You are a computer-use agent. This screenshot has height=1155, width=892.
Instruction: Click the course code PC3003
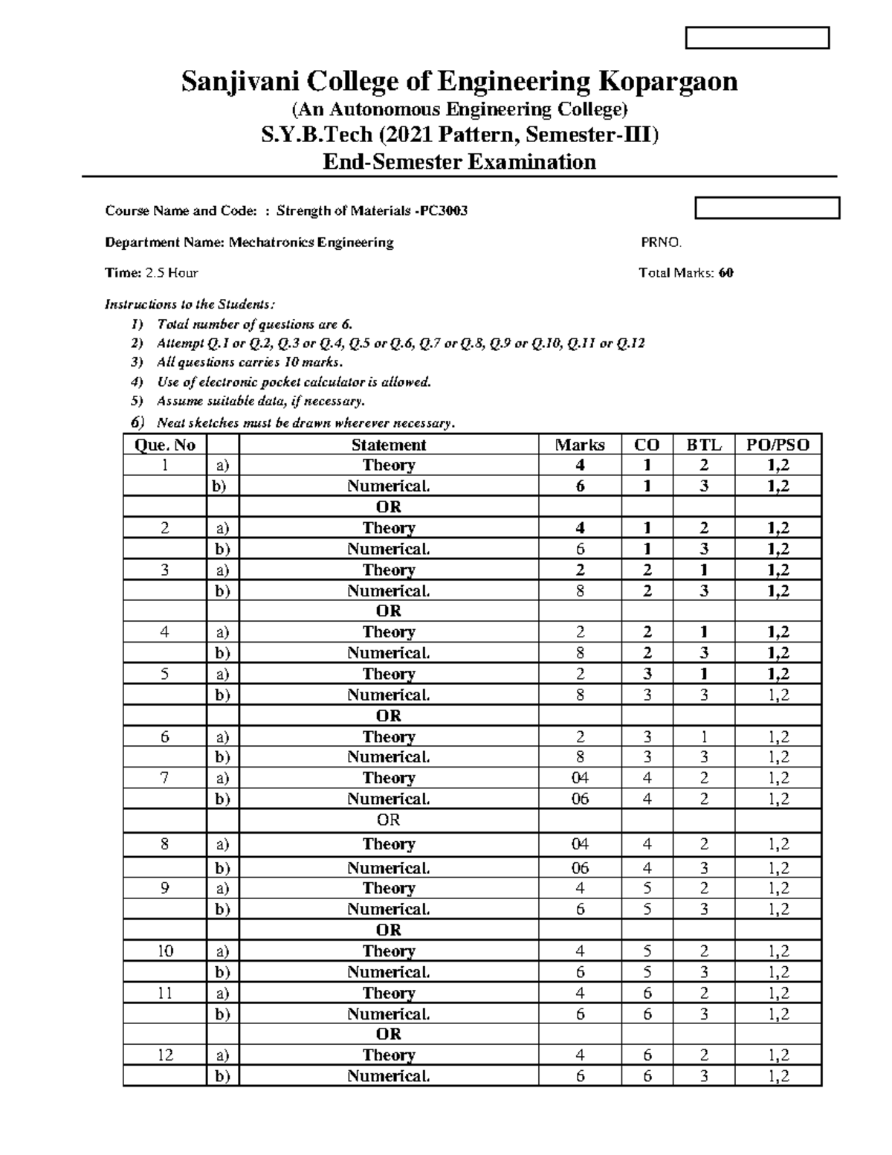[x=443, y=210]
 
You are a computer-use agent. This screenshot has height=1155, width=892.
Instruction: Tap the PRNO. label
[x=661, y=242]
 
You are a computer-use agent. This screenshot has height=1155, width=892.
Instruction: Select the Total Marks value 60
[x=726, y=273]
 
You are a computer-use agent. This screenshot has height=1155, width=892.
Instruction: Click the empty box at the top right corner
[x=757, y=38]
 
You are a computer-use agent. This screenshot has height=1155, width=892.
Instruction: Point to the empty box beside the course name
[x=766, y=208]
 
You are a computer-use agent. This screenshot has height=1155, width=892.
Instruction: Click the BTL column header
[x=703, y=445]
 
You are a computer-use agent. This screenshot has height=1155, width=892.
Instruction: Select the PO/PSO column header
[x=778, y=445]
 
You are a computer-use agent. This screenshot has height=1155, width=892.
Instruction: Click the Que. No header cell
[x=164, y=445]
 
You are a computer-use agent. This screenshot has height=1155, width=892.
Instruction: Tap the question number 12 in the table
[x=164, y=1055]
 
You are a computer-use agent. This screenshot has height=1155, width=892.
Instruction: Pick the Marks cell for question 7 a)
[x=580, y=778]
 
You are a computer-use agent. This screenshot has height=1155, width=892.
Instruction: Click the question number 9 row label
[x=164, y=888]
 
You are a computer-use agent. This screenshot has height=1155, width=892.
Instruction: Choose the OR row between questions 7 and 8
[x=388, y=820]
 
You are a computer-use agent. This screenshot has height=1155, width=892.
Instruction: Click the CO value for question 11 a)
[x=647, y=993]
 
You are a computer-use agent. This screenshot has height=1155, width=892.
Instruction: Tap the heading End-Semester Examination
[x=459, y=161]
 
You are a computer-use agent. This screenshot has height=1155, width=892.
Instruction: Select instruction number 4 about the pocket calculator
[x=294, y=382]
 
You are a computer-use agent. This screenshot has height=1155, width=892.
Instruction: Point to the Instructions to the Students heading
[x=190, y=303]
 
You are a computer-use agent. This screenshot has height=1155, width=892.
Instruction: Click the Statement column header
[x=388, y=445]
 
